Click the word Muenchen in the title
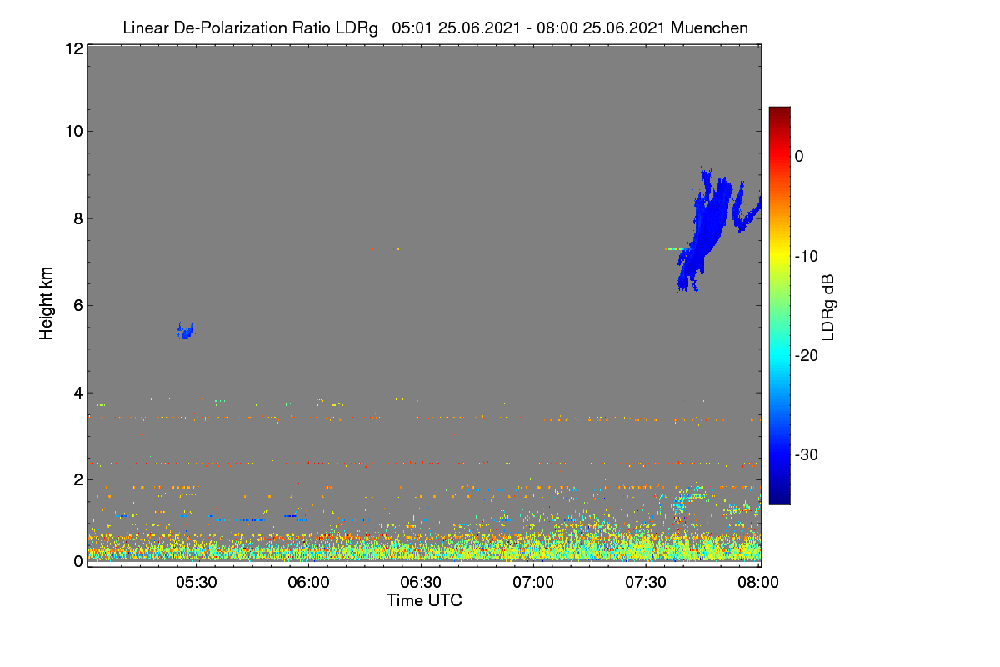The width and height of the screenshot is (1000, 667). [709, 28]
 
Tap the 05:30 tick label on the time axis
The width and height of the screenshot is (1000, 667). [197, 582]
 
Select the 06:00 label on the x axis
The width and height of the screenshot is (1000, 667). [309, 582]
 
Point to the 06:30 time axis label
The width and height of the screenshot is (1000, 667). [421, 582]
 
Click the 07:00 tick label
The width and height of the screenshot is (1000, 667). [533, 582]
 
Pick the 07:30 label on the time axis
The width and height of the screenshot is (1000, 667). [646, 582]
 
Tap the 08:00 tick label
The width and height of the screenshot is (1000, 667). [758, 582]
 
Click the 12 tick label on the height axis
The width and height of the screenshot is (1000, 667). [74, 48]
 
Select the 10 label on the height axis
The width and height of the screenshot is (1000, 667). [74, 132]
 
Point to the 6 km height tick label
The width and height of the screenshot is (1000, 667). [79, 306]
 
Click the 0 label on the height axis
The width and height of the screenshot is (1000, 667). [79, 562]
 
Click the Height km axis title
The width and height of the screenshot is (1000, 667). [46, 303]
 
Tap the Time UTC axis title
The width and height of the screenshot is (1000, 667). [424, 600]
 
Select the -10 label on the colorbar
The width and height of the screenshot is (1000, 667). [807, 257]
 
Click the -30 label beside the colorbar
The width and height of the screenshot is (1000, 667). [807, 454]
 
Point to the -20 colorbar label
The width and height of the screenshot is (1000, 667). [807, 356]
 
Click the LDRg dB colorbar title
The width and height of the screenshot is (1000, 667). [828, 308]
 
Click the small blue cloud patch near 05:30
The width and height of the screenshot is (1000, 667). [185, 331]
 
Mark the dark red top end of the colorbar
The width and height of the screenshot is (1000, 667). [779, 108]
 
